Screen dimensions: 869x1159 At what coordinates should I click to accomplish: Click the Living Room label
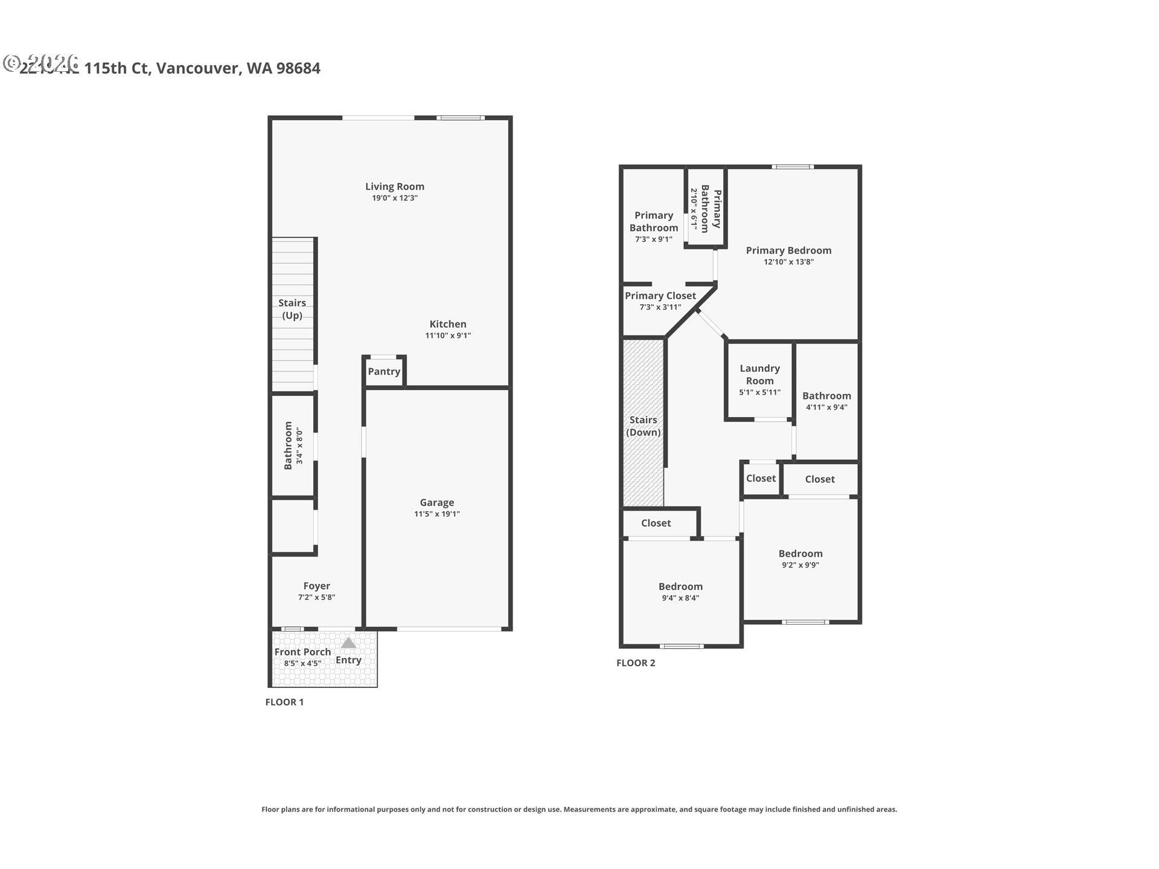click(394, 186)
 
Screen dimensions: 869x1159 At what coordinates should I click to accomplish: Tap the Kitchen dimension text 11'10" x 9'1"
click(448, 336)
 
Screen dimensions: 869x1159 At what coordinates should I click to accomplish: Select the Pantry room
click(384, 372)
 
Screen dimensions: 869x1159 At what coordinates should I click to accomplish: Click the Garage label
click(437, 503)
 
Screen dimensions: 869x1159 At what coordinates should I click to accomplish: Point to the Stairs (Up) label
click(292, 309)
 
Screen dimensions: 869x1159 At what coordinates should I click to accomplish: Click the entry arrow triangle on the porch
click(348, 643)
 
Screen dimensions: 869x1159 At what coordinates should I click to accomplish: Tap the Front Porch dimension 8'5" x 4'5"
click(302, 663)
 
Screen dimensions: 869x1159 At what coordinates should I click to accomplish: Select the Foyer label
click(316, 586)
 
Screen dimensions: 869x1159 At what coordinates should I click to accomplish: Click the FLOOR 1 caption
click(284, 702)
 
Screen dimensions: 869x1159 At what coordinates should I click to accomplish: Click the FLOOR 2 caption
click(636, 663)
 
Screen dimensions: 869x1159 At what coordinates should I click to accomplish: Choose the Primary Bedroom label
click(788, 250)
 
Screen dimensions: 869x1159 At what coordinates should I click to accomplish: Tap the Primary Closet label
click(660, 296)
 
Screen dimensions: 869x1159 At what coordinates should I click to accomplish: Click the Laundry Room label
click(759, 374)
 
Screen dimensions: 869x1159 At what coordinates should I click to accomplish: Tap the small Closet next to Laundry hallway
click(761, 479)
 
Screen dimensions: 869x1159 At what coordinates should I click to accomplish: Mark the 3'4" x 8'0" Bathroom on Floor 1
click(292, 445)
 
